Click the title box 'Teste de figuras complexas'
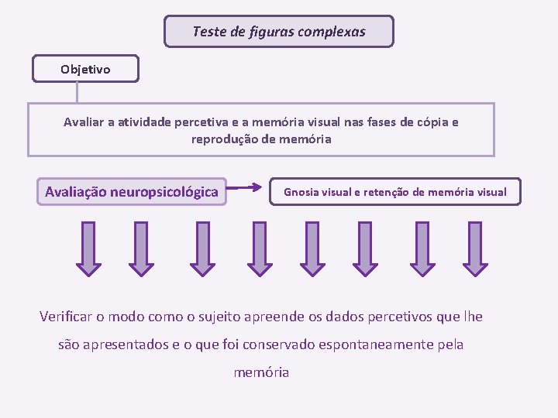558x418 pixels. point(279,32)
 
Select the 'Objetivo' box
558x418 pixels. point(85,69)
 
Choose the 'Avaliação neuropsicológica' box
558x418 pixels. point(132,191)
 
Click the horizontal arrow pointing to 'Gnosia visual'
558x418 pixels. point(248,187)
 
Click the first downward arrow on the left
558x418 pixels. point(88,248)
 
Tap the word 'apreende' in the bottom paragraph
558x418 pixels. point(277,317)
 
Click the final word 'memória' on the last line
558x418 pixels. point(261,372)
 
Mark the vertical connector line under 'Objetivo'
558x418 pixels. point(77,92)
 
